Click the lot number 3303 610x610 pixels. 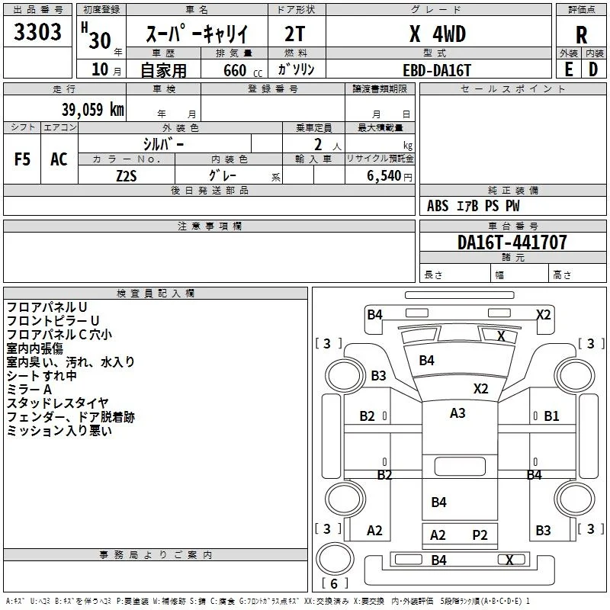click(x=37, y=31)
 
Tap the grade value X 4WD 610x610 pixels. click(x=438, y=34)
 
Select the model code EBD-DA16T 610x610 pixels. click(x=437, y=70)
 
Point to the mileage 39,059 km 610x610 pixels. click(x=93, y=109)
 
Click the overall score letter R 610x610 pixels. click(x=581, y=35)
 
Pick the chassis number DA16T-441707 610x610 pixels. click(x=512, y=242)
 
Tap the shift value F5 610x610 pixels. click(x=22, y=159)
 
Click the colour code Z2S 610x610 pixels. click(x=127, y=176)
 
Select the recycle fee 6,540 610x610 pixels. click(x=384, y=175)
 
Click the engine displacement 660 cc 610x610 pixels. click(x=242, y=70)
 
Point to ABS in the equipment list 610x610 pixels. click(x=438, y=206)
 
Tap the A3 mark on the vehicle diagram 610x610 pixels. click(x=457, y=413)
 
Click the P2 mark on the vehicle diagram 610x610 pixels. click(x=480, y=535)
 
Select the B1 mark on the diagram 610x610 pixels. click(x=551, y=416)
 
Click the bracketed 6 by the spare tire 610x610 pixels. click(x=334, y=583)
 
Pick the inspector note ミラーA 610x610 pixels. click(x=29, y=390)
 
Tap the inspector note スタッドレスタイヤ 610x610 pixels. click(x=58, y=403)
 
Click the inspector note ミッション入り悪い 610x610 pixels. click(x=59, y=431)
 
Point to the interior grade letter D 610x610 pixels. click(x=593, y=70)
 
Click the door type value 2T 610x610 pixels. click(x=295, y=34)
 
